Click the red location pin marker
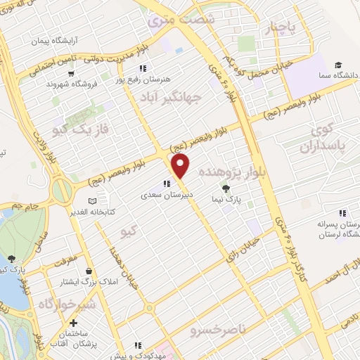coord(181,165)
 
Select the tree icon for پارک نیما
coord(226,188)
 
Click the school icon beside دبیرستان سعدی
coord(166,184)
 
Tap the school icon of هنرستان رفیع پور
coord(143,68)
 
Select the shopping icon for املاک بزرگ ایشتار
coord(88,271)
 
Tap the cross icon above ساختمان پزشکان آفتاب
coord(72,323)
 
